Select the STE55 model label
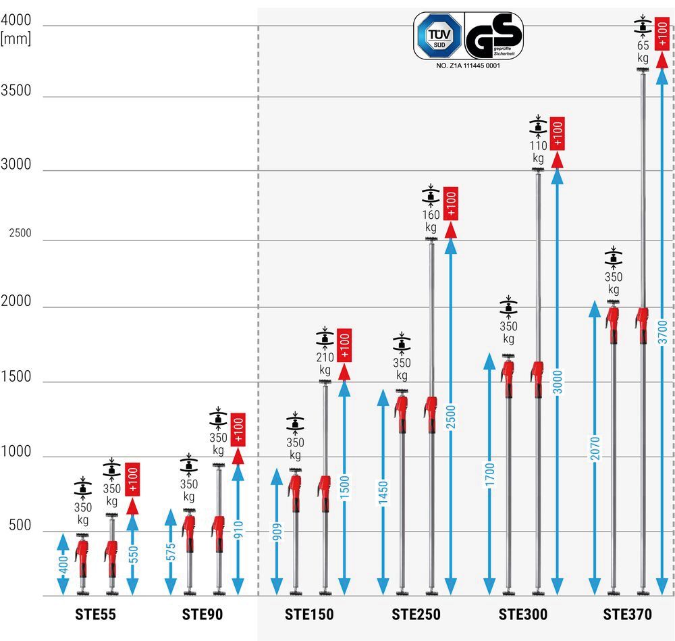coord(95,615)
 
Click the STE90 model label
coord(202,615)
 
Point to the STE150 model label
coord(309,615)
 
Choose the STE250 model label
coord(416,615)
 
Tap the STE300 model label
coord(523,615)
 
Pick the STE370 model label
coord(628,615)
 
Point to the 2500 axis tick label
coord(20,234)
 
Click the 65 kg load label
coord(643,52)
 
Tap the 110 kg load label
coord(538,152)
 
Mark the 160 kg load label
coord(431,222)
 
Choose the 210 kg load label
coord(325,363)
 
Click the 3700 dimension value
coord(662,332)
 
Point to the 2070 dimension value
coord(595,448)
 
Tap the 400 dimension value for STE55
coord(63,565)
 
